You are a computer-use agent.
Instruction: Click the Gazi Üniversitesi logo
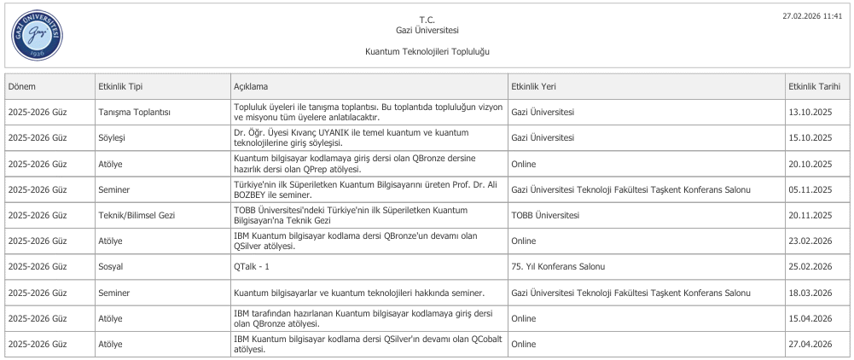(x=36, y=36)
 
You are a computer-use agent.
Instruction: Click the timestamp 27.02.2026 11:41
(x=818, y=15)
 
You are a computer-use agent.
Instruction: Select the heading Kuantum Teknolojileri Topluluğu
(x=427, y=52)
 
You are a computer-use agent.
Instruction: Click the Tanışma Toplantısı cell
(x=136, y=112)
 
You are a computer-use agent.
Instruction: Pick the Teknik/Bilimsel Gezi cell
(x=137, y=215)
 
